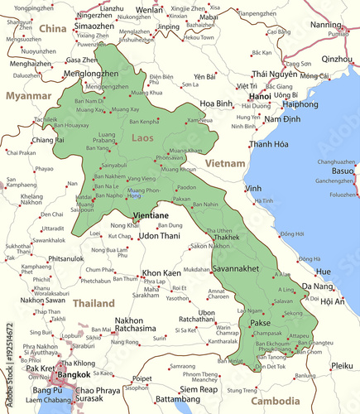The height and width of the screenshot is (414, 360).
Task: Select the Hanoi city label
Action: [260, 96]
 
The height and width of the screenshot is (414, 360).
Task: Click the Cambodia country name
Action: [276, 401]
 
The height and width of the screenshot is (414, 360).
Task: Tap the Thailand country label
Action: [94, 304]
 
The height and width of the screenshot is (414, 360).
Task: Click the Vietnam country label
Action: [226, 164]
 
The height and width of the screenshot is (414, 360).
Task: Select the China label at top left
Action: [52, 29]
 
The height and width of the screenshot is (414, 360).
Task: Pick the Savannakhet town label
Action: [236, 269]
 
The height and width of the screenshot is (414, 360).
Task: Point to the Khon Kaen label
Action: [161, 272]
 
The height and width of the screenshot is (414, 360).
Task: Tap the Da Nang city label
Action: [319, 286]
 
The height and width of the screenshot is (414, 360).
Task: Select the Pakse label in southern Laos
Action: [261, 323]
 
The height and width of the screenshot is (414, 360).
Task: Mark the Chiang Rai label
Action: [48, 141]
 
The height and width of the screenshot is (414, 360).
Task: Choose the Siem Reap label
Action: [199, 388]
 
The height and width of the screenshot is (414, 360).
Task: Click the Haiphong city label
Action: [300, 105]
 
